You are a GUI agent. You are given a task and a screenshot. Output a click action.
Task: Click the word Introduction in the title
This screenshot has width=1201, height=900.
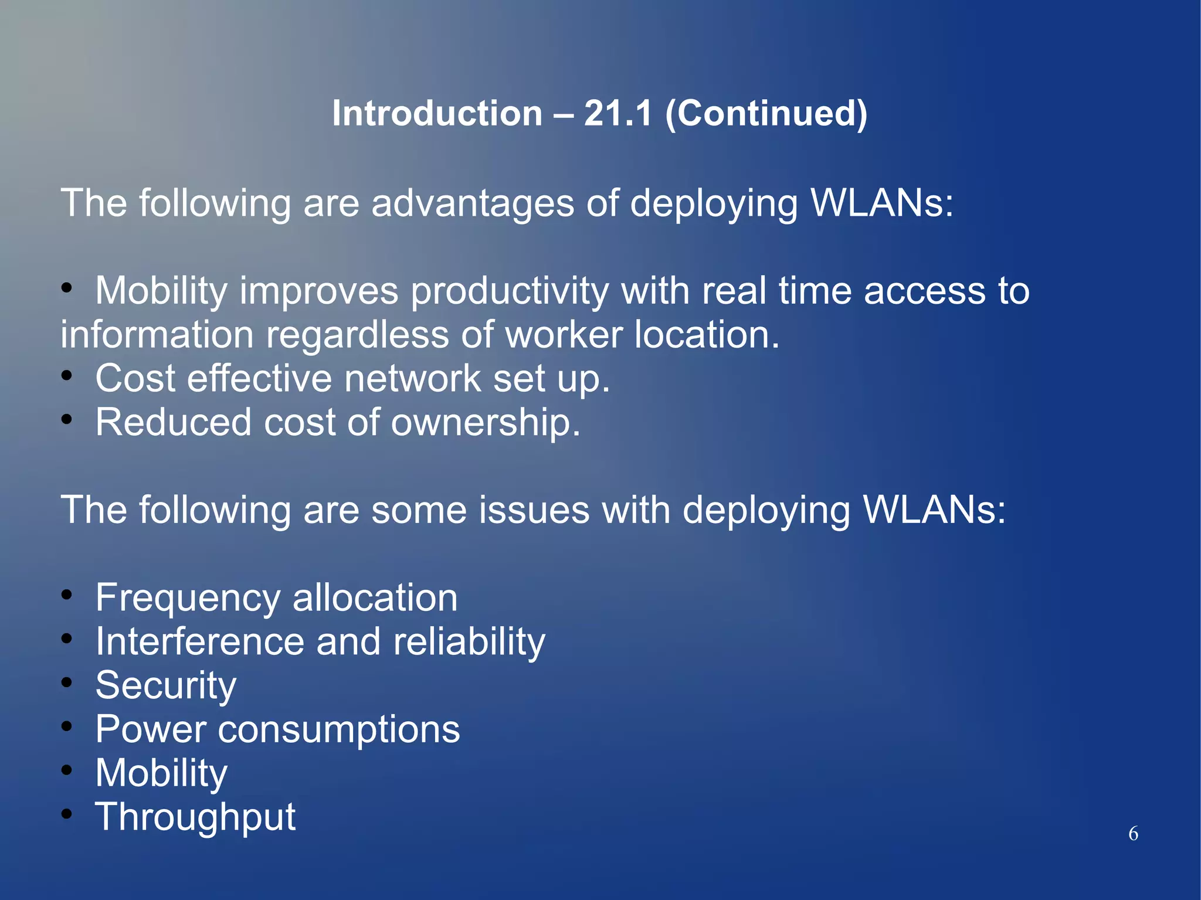[437, 113]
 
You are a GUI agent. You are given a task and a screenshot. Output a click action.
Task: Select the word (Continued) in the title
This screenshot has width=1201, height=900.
[766, 113]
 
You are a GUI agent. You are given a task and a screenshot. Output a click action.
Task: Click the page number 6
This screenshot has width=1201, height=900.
[1133, 833]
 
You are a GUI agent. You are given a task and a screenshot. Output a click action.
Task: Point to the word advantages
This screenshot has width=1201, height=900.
[473, 203]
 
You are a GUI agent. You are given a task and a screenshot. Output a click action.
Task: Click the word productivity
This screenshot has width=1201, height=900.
[510, 291]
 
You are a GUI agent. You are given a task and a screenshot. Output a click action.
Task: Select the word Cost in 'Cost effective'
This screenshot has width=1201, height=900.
[135, 378]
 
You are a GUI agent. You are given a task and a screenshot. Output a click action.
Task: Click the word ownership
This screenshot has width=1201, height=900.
[486, 422]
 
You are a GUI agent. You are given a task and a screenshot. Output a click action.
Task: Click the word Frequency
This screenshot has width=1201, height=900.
[188, 598]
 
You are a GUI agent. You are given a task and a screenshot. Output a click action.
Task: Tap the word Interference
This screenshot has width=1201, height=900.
[199, 641]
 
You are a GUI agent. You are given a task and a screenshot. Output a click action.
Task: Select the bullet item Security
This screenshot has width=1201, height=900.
[166, 685]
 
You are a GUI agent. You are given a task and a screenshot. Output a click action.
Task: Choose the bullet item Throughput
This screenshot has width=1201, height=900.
[195, 817]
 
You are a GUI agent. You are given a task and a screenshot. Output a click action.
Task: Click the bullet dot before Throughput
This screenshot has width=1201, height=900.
[67, 813]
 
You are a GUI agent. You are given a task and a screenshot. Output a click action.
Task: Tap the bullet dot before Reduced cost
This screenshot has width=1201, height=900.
[67, 419]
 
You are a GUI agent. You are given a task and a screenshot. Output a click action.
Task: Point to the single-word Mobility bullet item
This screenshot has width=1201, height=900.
[161, 773]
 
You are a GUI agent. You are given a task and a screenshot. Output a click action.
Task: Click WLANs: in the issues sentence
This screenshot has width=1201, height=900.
[934, 510]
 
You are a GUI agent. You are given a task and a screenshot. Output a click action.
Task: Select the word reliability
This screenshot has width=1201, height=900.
[469, 641]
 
